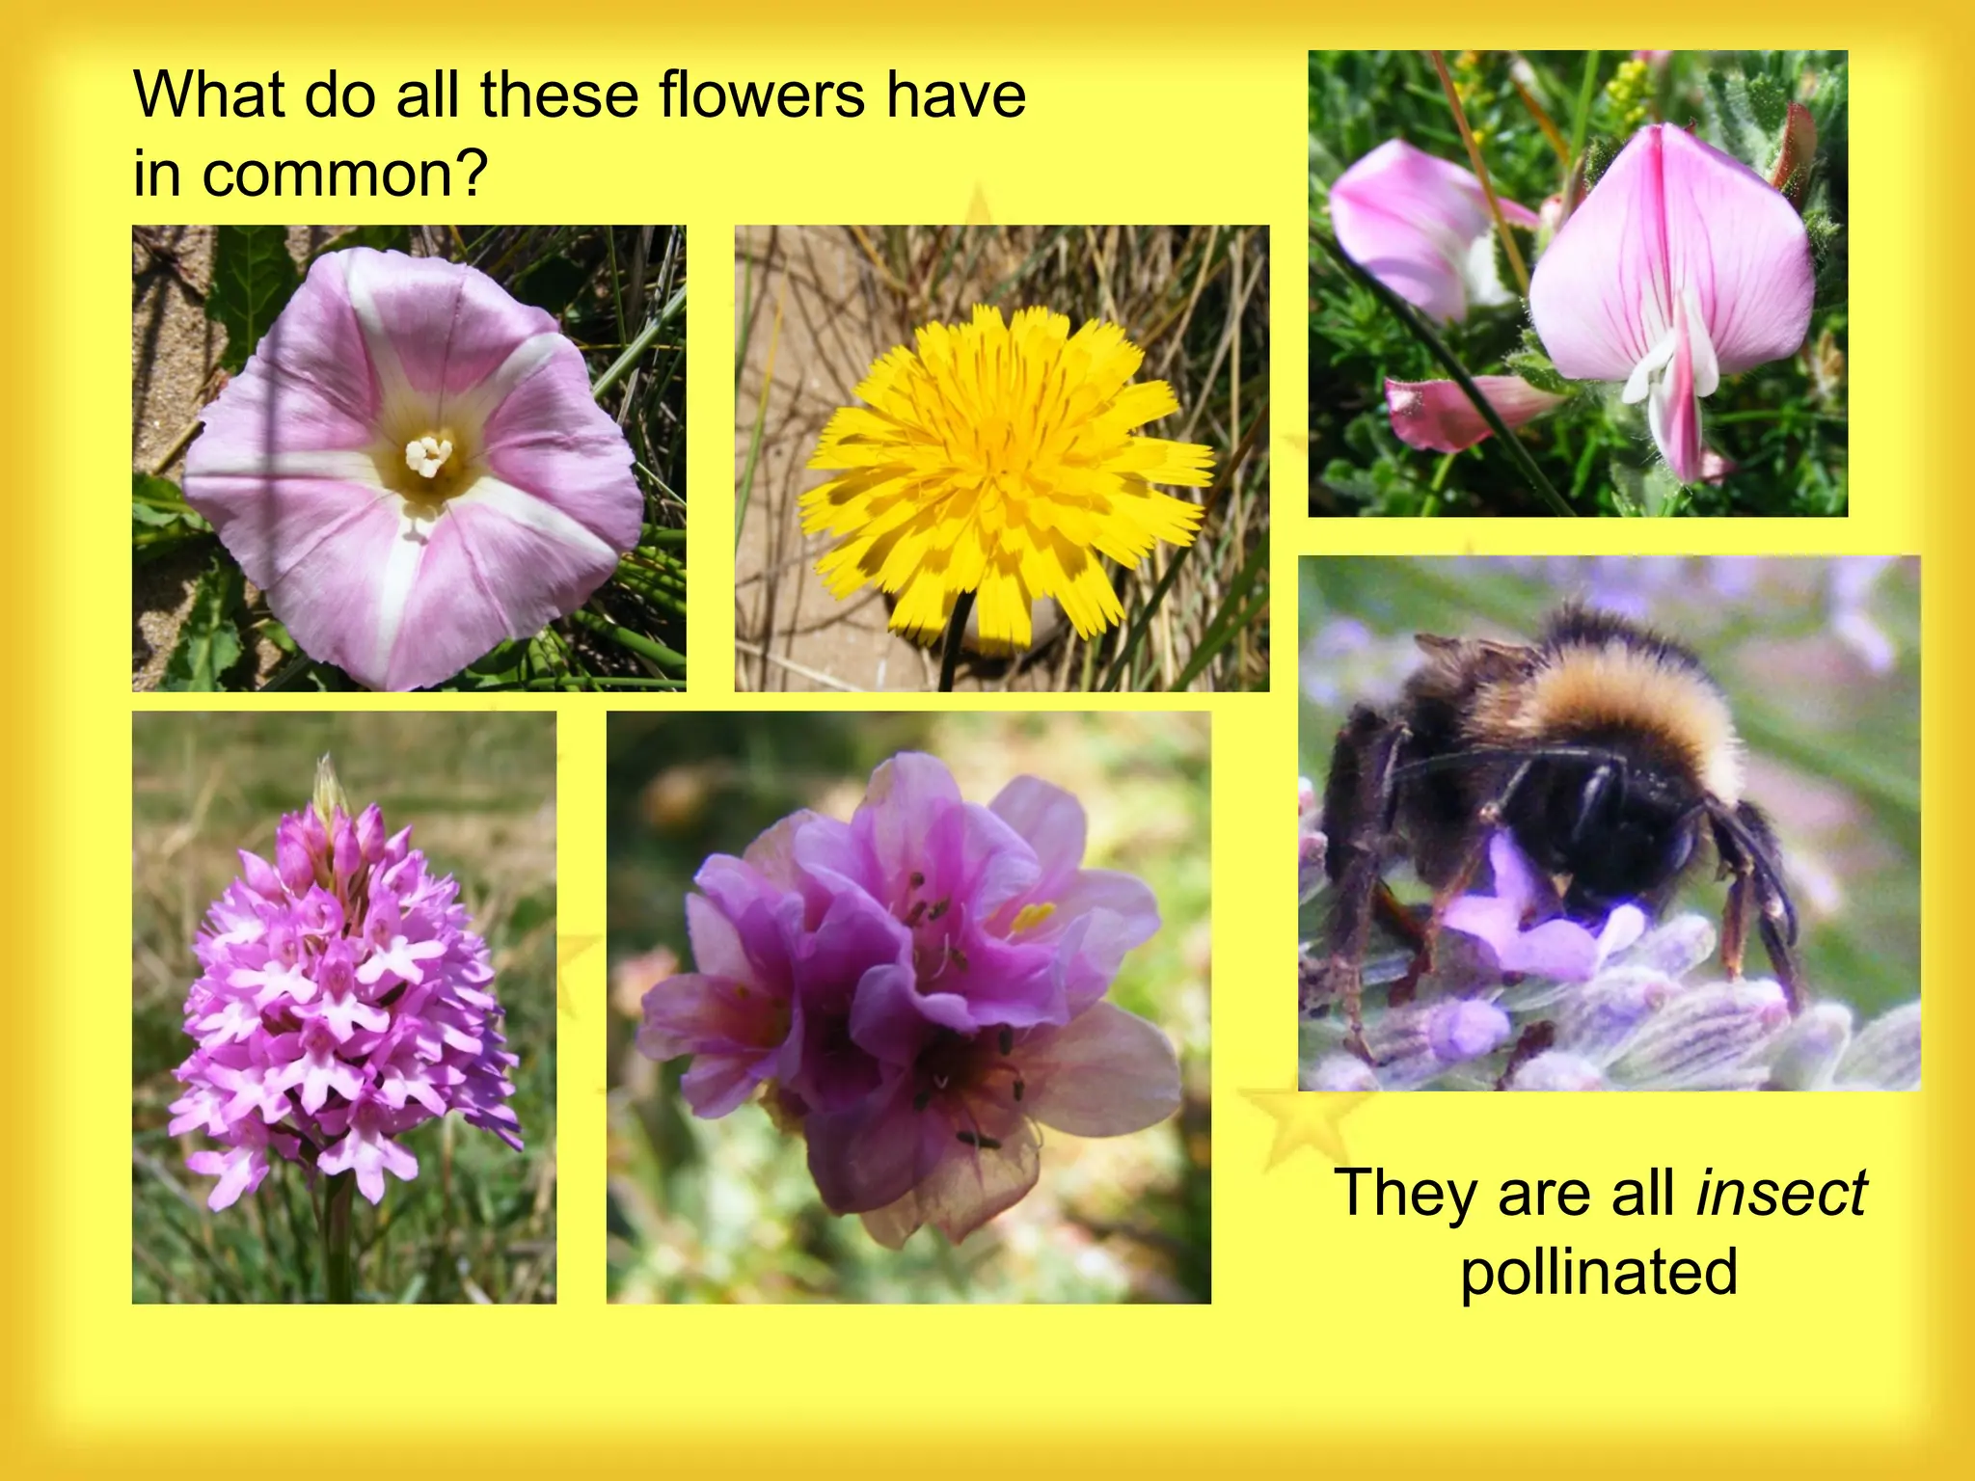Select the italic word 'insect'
[x=1781, y=1193]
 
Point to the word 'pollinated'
[x=1599, y=1271]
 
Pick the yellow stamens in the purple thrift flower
[x=1032, y=914]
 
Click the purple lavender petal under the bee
[x=1524, y=926]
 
